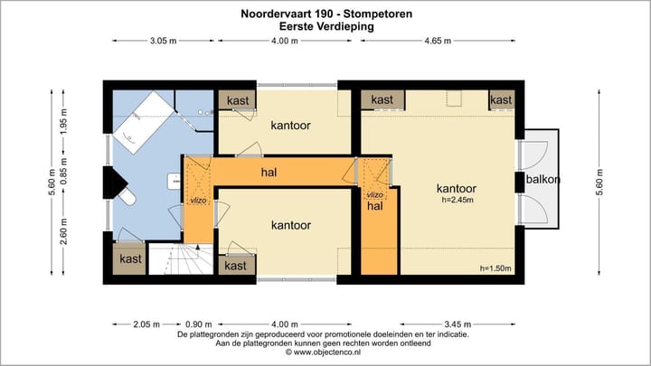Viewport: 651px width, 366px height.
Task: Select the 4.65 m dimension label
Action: pos(439,41)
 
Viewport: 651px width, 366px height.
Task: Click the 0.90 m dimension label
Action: pos(200,324)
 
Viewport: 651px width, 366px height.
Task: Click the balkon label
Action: pos(544,179)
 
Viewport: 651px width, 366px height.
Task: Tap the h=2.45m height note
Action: pos(457,200)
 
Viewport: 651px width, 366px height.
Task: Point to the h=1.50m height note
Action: pos(495,268)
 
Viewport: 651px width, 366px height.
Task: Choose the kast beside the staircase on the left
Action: pos(130,259)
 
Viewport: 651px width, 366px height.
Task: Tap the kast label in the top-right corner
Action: pos(501,99)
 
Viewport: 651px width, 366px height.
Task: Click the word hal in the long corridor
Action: pos(269,172)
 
